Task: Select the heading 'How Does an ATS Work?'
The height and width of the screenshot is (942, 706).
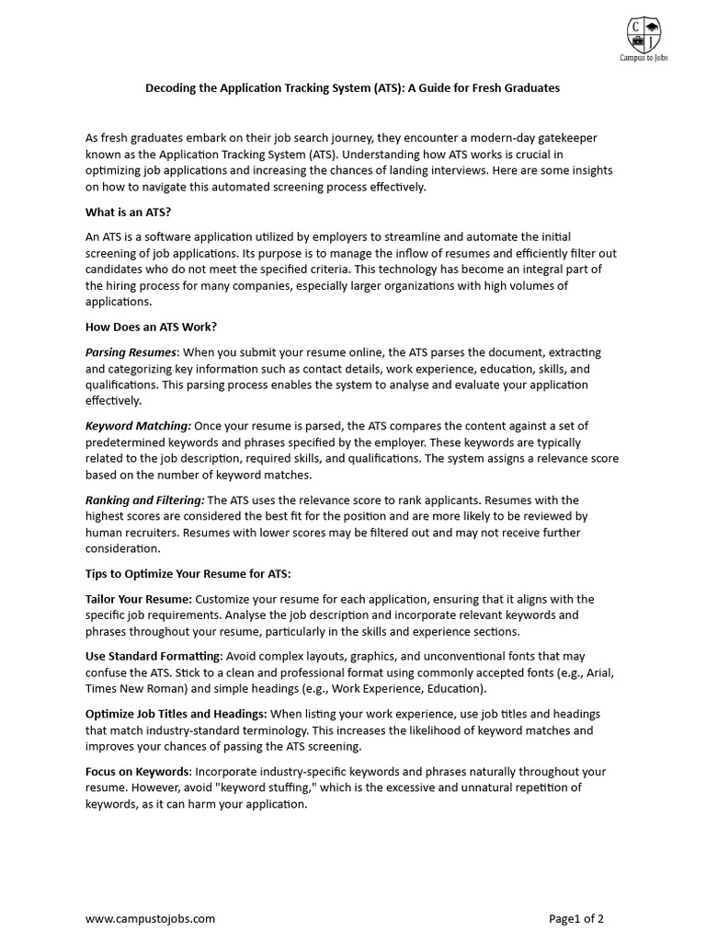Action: coord(152,327)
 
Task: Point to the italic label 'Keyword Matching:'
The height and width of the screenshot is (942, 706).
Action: coord(139,425)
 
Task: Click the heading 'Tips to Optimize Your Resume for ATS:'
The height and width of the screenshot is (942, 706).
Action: coord(188,573)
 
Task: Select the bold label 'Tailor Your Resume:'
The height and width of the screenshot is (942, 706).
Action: coord(139,599)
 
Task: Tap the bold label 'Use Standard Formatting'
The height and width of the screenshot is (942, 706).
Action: coord(153,656)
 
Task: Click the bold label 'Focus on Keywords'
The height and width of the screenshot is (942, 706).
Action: coord(138,771)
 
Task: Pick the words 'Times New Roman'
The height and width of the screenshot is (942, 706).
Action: coord(131,688)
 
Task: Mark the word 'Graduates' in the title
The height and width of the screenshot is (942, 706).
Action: coord(530,88)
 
